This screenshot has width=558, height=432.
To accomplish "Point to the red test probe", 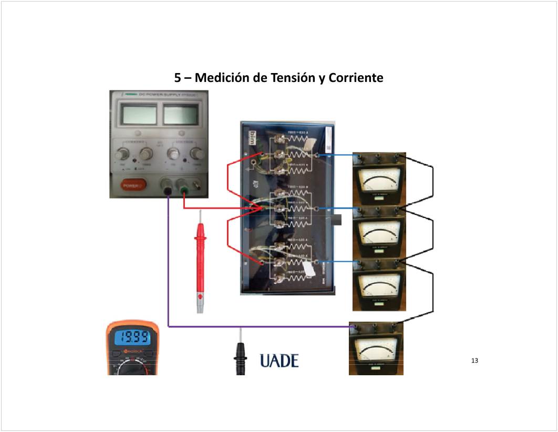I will point(201,263).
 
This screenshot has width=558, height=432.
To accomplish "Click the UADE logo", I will point(279,361).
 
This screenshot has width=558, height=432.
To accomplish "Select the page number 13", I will point(475,361).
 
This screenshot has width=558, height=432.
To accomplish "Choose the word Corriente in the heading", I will point(356,78).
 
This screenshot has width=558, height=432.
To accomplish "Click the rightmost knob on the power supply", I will point(198,153).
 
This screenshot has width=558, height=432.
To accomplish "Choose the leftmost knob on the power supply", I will point(122,153).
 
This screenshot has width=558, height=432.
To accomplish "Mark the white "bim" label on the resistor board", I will point(251,136).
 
